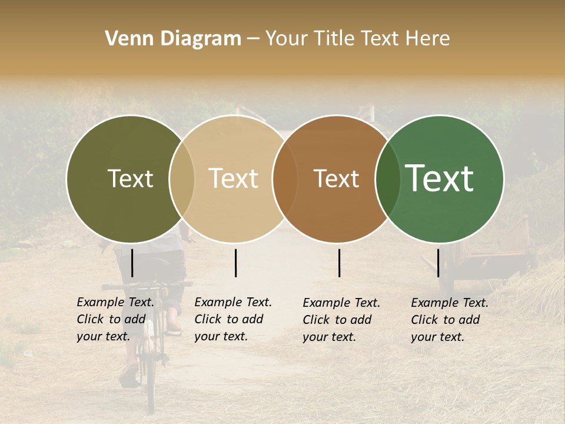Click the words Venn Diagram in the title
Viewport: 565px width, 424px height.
pyautogui.click(x=173, y=39)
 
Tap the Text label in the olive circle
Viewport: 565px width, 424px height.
pyautogui.click(x=130, y=178)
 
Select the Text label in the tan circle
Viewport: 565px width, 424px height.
pyautogui.click(x=233, y=178)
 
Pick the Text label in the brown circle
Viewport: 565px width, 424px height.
pyautogui.click(x=336, y=178)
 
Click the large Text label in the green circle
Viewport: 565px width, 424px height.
pyautogui.click(x=440, y=178)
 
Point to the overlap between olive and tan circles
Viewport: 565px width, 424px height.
pyautogui.click(x=182, y=178)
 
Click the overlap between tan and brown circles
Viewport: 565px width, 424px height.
pyautogui.click(x=285, y=178)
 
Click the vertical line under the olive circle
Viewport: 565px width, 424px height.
pyautogui.click(x=132, y=263)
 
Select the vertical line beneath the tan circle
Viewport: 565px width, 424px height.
pyautogui.click(x=235, y=263)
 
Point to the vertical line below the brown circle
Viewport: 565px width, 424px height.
pyautogui.click(x=340, y=263)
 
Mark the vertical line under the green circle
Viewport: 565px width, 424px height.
pyautogui.click(x=438, y=263)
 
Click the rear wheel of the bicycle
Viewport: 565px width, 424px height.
pyautogui.click(x=150, y=377)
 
